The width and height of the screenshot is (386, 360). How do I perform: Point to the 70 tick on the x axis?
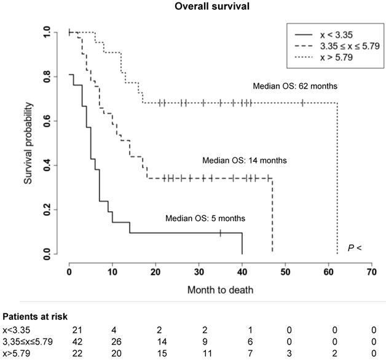pyautogui.click(x=371, y=270)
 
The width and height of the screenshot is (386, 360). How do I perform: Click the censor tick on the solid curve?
pyautogui.click(x=220, y=233)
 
